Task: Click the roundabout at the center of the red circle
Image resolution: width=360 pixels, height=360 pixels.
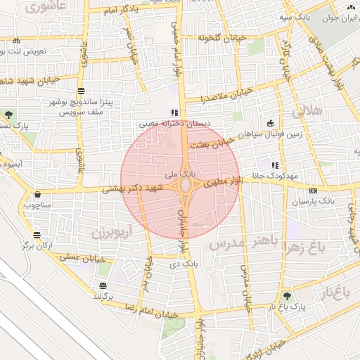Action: pyautogui.click(x=186, y=186)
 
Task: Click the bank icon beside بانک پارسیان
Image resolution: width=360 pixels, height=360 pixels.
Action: pyautogui.click(x=312, y=190)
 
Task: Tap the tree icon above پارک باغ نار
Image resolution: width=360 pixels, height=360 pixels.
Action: pyautogui.click(x=286, y=297)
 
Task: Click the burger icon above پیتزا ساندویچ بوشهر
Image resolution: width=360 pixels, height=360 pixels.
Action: pyautogui.click(x=82, y=91)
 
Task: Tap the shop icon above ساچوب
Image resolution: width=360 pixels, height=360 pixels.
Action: pyautogui.click(x=37, y=194)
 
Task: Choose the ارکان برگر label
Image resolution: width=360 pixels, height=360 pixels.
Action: pyautogui.click(x=35, y=245)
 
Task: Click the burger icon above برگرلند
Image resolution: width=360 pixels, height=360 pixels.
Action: pyautogui.click(x=103, y=285)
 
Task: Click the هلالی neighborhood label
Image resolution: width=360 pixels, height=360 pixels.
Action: pyautogui.click(x=307, y=111)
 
